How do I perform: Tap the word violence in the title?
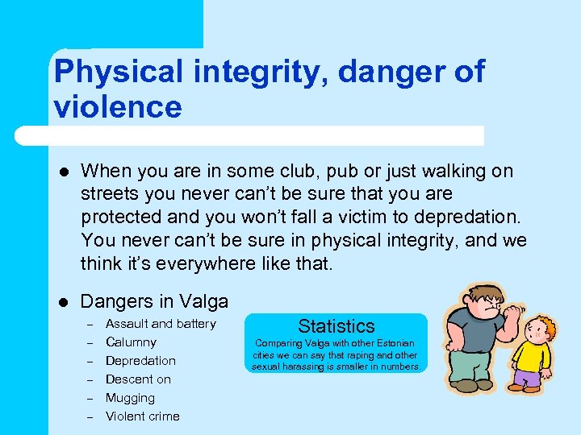tap(118, 106)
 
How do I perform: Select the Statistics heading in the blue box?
tap(336, 326)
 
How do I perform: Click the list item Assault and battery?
tap(161, 324)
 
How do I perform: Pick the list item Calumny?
tap(131, 342)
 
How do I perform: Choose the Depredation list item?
tap(140, 361)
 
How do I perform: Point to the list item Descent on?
tap(138, 379)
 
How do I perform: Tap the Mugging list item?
tap(130, 398)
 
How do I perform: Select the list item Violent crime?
tap(143, 416)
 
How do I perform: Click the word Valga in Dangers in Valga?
tap(204, 302)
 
